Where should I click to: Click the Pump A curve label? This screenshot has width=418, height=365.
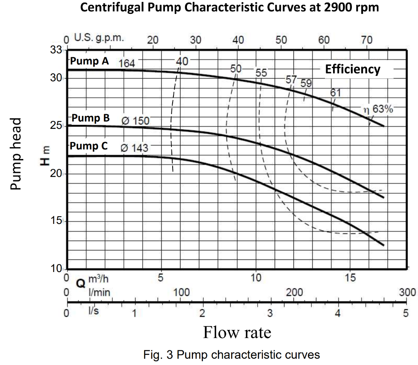coord(89,61)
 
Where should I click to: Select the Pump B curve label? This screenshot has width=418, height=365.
coord(91,118)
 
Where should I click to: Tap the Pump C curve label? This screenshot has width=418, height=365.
coord(89,146)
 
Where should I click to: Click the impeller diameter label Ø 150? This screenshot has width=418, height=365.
coord(136,121)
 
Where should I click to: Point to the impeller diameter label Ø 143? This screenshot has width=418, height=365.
coord(135,148)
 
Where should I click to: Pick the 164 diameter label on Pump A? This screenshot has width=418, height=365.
coord(126,63)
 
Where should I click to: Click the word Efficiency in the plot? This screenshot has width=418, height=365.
coord(352,69)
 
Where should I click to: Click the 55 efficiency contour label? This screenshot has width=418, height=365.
coord(261,73)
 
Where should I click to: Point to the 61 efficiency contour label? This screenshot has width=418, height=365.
coord(336,93)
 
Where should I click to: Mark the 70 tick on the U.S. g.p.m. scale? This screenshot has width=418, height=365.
coord(367,40)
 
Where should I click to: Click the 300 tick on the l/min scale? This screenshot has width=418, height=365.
coord(407,292)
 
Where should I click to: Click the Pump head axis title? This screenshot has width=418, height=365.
coord(16,154)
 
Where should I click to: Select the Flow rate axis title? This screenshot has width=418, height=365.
coord(237,332)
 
